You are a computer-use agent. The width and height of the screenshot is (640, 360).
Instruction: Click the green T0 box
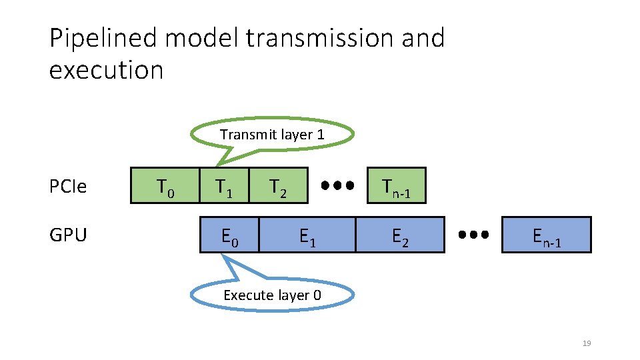(165, 185)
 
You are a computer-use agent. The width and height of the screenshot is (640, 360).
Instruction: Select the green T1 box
(224, 185)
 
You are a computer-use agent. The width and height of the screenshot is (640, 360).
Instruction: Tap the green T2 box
(279, 185)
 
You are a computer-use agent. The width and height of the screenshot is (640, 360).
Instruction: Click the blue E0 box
(229, 235)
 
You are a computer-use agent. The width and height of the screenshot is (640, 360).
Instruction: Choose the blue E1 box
(307, 235)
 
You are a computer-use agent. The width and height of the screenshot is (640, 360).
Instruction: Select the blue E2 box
(399, 235)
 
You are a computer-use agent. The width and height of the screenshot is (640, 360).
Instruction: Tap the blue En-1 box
(546, 235)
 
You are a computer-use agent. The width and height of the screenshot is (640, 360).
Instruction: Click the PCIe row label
(68, 187)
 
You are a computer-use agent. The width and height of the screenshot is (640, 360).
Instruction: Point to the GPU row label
(68, 235)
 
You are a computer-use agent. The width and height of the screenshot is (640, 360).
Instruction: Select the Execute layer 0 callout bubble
(272, 295)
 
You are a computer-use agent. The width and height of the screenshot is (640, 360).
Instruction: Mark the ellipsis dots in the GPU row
(473, 235)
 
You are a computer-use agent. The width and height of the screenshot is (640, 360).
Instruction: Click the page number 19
(587, 343)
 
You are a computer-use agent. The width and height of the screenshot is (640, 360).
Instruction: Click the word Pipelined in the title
(103, 39)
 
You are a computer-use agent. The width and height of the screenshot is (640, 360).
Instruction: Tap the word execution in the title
(106, 69)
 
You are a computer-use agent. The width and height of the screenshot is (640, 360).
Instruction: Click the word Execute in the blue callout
(246, 295)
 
